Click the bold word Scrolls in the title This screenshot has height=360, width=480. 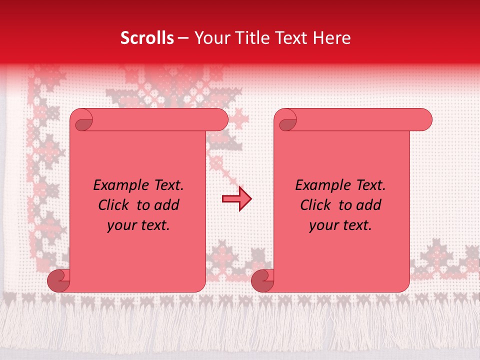[147, 38]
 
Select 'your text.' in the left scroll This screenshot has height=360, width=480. [138, 225]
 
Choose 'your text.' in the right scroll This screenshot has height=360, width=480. [340, 225]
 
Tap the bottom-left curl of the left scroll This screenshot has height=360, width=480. [59, 281]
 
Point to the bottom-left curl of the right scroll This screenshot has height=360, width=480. [263, 281]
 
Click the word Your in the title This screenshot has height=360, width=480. [210, 38]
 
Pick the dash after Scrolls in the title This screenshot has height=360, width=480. [183, 38]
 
